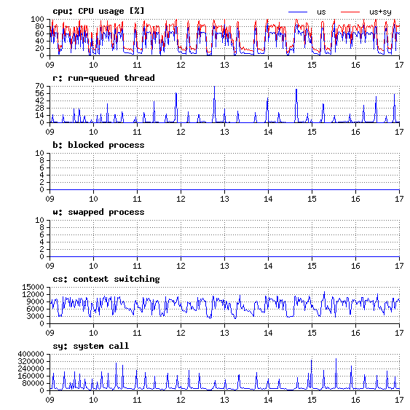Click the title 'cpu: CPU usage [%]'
[x=98, y=11]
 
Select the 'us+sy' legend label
[x=380, y=12]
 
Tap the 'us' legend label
[x=321, y=12]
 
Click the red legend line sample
[x=350, y=12]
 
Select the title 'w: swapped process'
[x=98, y=212]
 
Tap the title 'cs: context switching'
[x=106, y=279]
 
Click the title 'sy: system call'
[x=91, y=346]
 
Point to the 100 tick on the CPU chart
[x=37, y=19]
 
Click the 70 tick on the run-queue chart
[x=39, y=86]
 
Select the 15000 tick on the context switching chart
[x=33, y=287]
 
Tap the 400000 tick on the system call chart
[x=31, y=354]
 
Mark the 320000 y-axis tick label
[x=31, y=361]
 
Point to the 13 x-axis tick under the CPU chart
[x=224, y=65]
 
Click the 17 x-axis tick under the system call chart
[x=399, y=400]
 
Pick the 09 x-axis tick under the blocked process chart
[x=50, y=199]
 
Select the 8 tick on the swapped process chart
[x=42, y=227]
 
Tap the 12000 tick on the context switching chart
[x=33, y=294]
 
